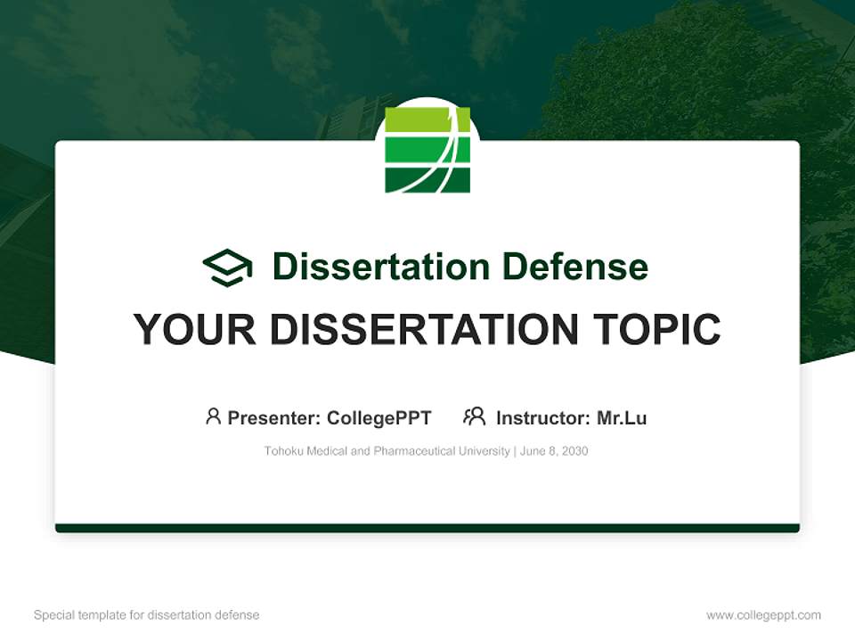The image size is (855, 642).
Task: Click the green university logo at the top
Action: [427, 150]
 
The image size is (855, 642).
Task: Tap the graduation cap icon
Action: [227, 267]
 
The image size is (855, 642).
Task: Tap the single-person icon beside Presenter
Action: [213, 416]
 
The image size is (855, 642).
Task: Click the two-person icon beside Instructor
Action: [474, 416]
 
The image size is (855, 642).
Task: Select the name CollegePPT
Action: [379, 418]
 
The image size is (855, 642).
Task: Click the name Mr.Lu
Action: [622, 418]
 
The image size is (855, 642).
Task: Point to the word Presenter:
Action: [274, 418]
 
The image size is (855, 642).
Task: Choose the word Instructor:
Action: [542, 418]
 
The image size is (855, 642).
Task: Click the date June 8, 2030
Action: [554, 451]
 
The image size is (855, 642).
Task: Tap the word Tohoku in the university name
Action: [283, 451]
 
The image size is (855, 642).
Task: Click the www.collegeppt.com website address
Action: [763, 615]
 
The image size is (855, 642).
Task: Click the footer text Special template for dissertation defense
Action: [147, 615]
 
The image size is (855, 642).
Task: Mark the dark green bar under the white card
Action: [427, 528]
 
